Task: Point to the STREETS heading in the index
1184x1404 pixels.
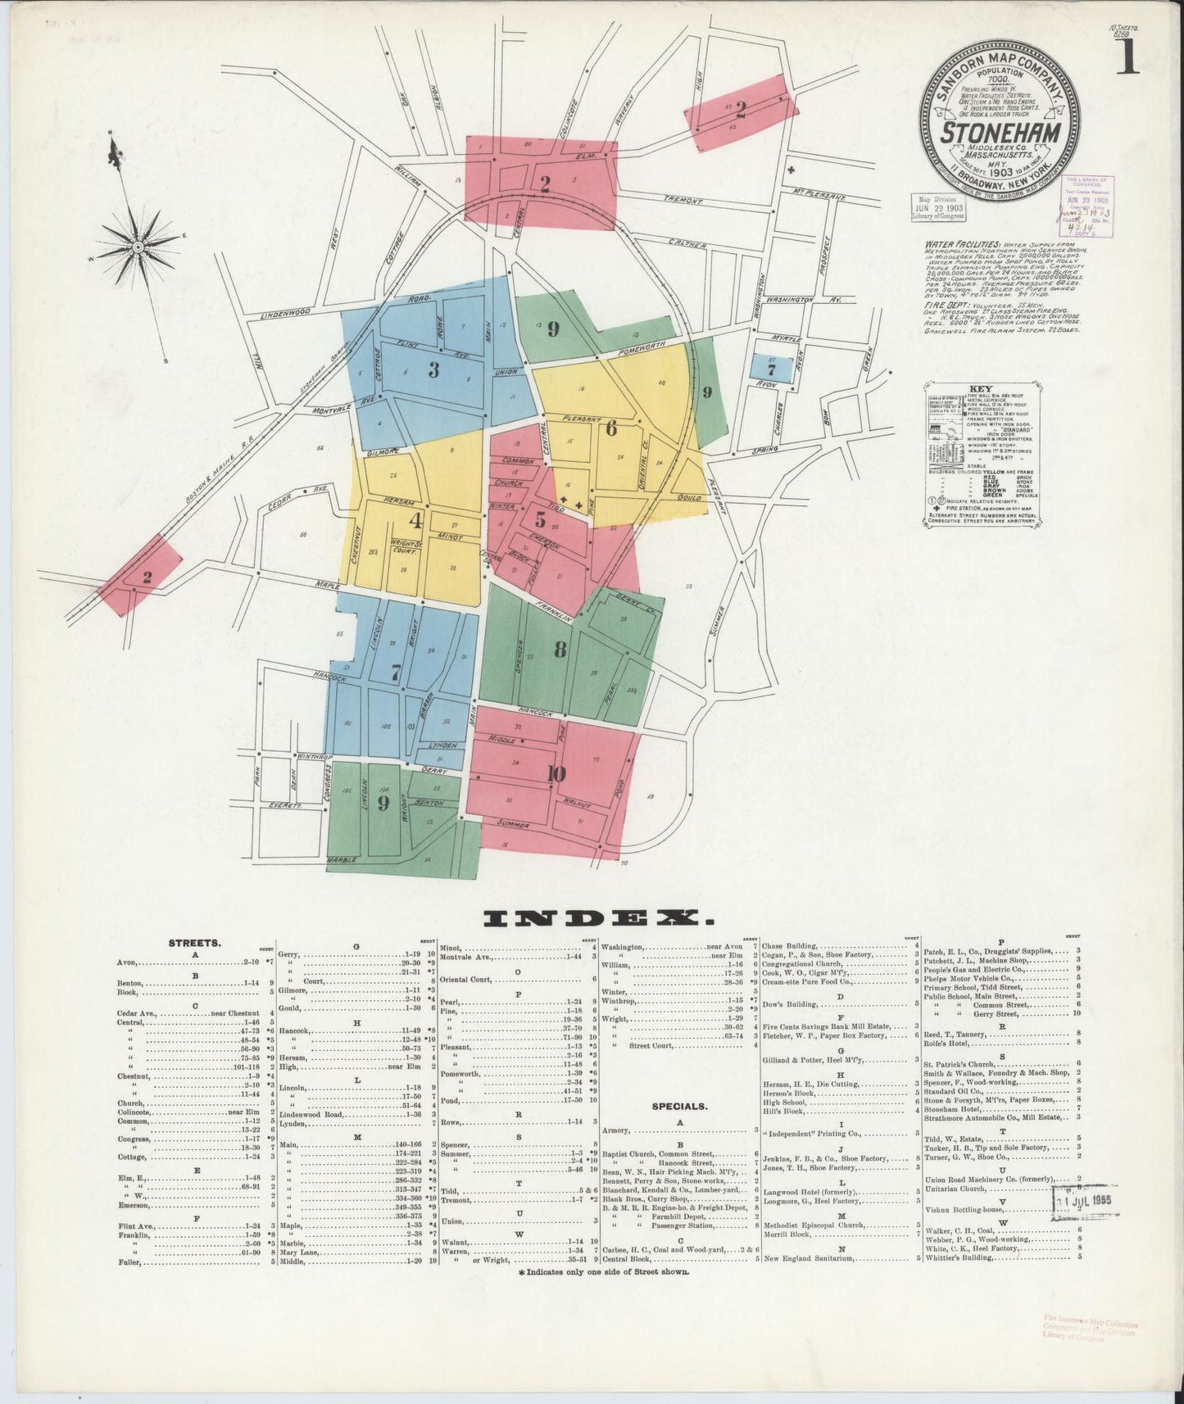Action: coord(194,943)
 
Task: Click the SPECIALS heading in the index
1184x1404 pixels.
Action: coord(680,1106)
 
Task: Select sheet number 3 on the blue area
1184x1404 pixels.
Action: coord(433,370)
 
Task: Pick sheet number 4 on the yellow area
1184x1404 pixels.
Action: coord(416,520)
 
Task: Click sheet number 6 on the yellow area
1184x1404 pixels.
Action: coord(611,428)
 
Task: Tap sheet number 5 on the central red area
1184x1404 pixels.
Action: coord(540,519)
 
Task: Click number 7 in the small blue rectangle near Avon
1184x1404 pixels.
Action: coord(771,369)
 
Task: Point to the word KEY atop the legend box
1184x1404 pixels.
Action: coord(980,389)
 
